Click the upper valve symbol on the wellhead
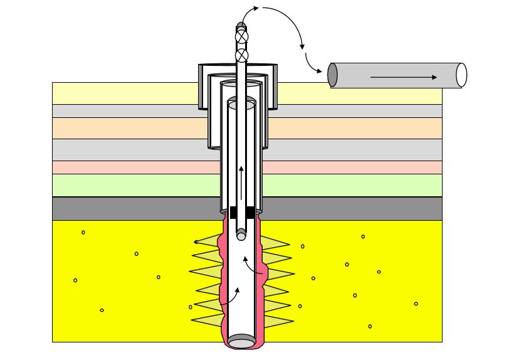pos(242,36)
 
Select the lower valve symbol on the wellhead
pos(242,55)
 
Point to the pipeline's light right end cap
pos(461,75)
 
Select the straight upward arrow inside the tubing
pos(241,179)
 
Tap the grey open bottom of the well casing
pos(241,342)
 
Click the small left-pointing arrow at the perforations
pos(203,241)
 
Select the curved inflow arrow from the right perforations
pos(254,266)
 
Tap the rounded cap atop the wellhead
pos(241,26)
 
